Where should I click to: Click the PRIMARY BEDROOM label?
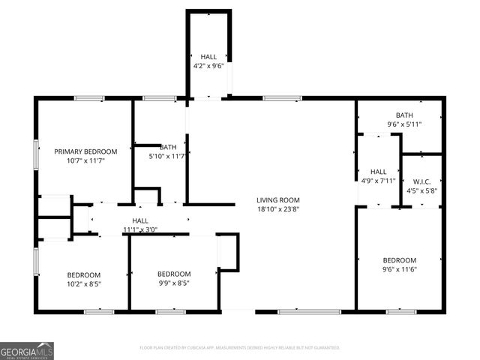[83, 151]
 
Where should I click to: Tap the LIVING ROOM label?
[278, 199]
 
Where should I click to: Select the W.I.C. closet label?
[420, 181]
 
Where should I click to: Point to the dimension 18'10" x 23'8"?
[278, 209]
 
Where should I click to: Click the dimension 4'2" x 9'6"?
[208, 66]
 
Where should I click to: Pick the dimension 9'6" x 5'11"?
[404, 124]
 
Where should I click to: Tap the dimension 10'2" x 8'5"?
[83, 284]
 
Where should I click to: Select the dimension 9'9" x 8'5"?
[173, 283]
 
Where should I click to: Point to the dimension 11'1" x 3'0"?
[139, 229]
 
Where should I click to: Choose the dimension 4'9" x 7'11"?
[378, 181]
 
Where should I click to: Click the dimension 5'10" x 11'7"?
[167, 157]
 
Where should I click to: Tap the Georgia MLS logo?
[27, 350]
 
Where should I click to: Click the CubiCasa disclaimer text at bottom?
[240, 348]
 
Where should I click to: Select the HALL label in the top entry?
[208, 56]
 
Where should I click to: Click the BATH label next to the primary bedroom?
[167, 147]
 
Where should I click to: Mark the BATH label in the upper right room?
[404, 115]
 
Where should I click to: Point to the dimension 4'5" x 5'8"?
[420, 190]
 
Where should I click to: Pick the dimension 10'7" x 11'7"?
[83, 160]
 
